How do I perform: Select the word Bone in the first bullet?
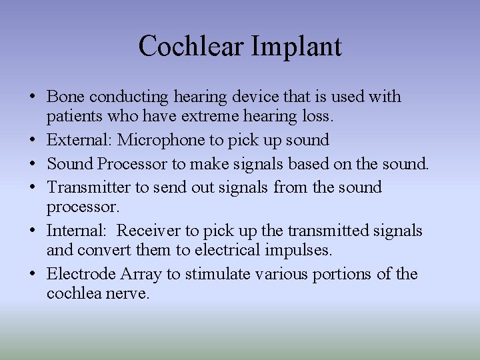click(66, 97)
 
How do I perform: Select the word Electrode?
click(82, 274)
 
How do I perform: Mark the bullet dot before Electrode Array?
click(33, 274)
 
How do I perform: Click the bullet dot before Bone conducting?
click(33, 97)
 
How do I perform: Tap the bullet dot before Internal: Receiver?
click(33, 231)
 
